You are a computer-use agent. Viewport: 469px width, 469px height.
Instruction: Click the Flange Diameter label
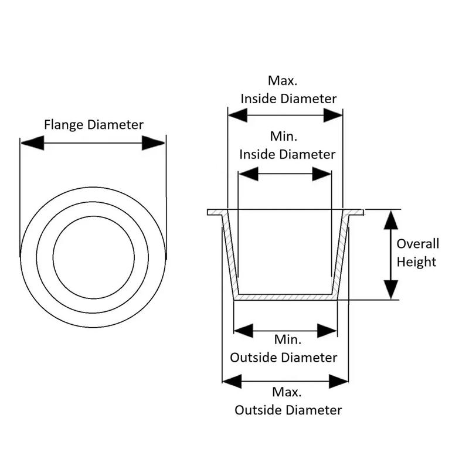coord(94,124)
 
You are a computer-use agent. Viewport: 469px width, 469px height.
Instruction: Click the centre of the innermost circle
coord(93,256)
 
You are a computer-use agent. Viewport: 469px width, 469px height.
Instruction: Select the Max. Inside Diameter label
coord(288,90)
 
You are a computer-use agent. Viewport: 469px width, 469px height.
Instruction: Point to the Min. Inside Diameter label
coord(287,145)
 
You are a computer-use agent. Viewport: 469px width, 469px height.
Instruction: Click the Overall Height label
coord(417,253)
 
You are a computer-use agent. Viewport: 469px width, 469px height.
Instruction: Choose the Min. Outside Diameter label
coord(284,348)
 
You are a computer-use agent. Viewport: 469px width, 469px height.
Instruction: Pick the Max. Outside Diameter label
coord(288,401)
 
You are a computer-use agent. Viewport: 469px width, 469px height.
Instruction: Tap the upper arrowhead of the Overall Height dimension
coord(391,219)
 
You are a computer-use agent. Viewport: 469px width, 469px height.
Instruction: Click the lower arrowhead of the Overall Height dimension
coord(391,290)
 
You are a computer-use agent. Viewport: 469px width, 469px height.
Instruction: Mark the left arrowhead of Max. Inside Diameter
coord(237,115)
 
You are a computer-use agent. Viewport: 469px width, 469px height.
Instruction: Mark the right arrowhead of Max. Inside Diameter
coord(332,115)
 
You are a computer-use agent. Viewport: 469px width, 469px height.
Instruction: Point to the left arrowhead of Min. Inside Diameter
coord(249,174)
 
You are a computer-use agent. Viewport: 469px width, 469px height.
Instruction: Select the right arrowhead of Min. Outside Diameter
coord(328,330)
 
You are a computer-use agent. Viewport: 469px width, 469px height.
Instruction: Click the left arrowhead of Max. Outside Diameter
coord(232,382)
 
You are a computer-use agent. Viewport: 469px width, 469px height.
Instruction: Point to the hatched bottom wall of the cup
coord(286,297)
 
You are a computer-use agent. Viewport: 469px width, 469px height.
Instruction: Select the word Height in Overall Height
coord(417,261)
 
